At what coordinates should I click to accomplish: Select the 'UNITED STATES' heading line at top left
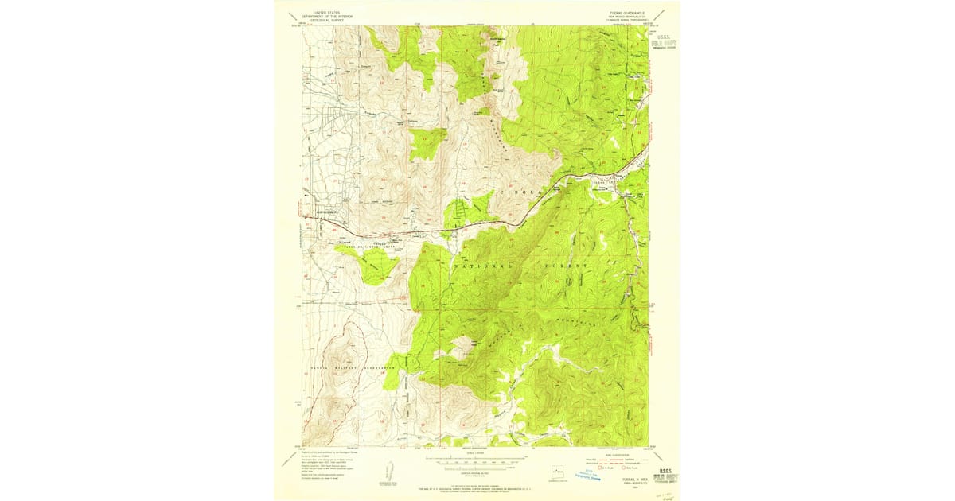click(326, 13)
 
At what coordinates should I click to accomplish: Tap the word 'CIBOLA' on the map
click(521, 192)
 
